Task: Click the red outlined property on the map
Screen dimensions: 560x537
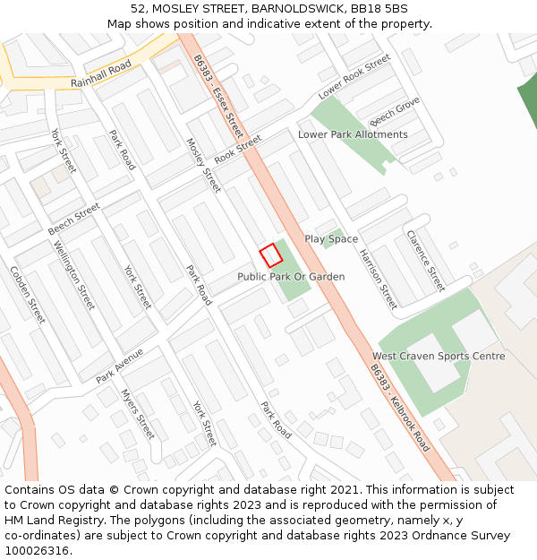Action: (270, 255)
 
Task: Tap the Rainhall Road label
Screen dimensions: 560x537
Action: (101, 73)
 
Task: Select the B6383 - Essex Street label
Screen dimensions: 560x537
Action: (217, 89)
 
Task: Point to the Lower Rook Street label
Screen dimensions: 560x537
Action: (354, 77)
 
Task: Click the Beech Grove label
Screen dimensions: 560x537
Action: (395, 111)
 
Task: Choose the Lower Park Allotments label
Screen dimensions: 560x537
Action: (353, 134)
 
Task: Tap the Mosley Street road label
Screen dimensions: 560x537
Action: (203, 165)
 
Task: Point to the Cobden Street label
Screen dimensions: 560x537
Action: (28, 294)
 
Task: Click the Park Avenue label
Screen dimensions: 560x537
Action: (120, 366)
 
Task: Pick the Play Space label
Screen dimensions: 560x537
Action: (331, 239)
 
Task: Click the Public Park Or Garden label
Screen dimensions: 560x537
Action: (291, 277)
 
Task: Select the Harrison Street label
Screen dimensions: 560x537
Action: (378, 278)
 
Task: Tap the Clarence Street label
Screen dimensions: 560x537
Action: (426, 261)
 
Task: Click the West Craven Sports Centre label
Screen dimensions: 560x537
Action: (439, 356)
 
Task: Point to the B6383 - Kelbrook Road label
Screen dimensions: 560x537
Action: (400, 409)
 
